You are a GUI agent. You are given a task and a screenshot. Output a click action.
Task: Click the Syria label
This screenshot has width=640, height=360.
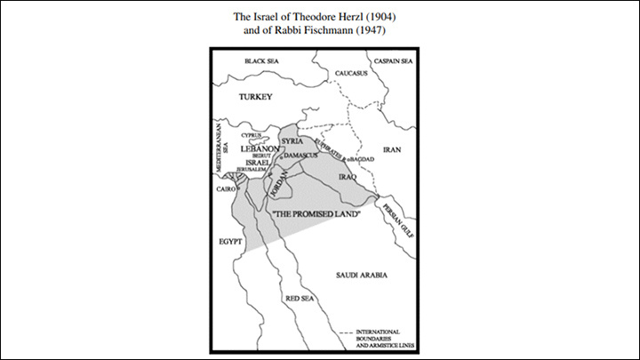pyautogui.click(x=292, y=140)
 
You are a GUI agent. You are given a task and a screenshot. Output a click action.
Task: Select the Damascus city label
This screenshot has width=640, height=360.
pyautogui.click(x=300, y=155)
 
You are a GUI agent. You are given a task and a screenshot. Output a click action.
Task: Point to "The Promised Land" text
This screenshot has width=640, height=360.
pyautogui.click(x=309, y=216)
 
